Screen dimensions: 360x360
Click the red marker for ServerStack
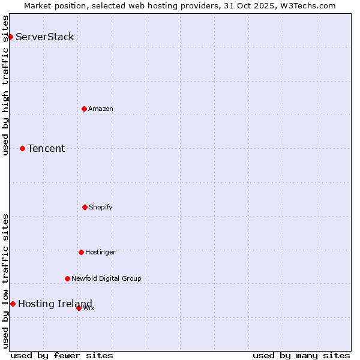10,37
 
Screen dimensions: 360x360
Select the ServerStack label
45,37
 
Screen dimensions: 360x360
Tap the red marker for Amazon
85,109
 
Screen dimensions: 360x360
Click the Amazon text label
101,109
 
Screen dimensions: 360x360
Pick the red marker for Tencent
23,148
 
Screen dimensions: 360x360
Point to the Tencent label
46,149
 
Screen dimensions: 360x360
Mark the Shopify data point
85,207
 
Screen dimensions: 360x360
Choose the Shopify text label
101,208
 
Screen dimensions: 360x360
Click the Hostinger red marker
81,252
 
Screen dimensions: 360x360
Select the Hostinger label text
100,253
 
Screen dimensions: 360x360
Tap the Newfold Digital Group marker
67,278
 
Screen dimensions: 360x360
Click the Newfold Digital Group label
106,279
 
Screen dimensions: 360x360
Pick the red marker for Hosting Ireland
13,304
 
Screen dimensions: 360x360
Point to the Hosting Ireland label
55,304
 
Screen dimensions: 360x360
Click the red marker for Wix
79,308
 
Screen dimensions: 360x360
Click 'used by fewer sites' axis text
62,355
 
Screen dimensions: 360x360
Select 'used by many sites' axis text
301,355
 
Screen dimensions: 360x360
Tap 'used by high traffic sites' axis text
6,85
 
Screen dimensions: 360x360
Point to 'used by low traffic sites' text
6,281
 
